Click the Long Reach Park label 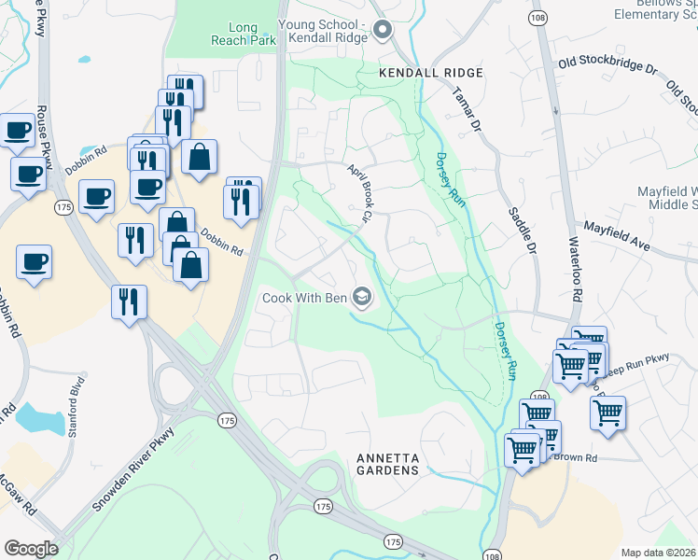tap(242, 35)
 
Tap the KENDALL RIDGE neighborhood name tap(431, 73)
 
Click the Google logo tap(31, 548)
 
